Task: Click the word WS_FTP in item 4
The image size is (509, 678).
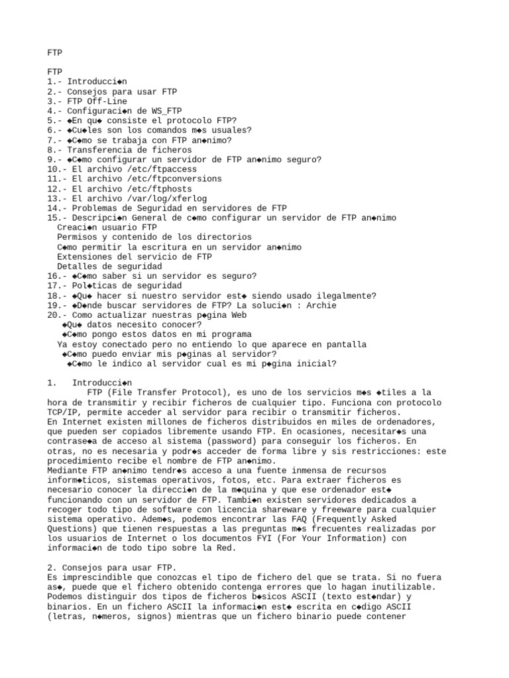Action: pos(167,111)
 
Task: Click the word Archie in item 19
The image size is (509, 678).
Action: pos(321,305)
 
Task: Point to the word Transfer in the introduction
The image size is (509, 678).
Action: pos(157,393)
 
